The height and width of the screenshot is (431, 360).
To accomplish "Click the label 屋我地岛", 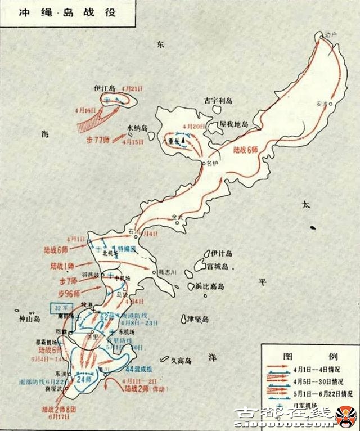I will coord(233,123).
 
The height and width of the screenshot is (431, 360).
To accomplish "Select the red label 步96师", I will coord(69,293).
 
